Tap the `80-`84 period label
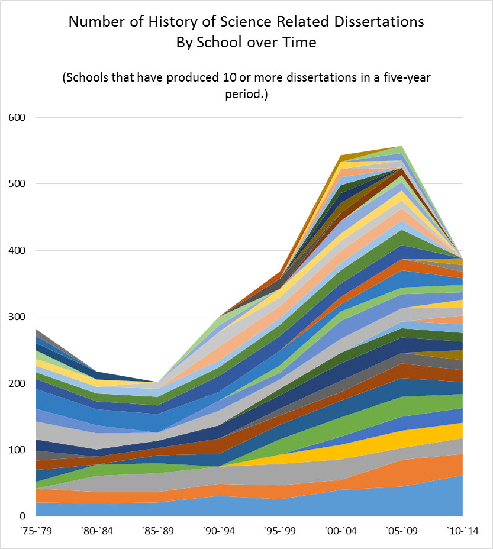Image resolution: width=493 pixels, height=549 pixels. click(96, 532)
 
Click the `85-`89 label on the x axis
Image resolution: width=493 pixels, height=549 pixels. click(157, 532)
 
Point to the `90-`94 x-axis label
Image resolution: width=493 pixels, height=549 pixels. click(218, 532)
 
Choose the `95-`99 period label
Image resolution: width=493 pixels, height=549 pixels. click(279, 532)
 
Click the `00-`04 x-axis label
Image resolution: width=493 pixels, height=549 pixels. click(340, 532)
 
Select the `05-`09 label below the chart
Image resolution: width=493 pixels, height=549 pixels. click(401, 532)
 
